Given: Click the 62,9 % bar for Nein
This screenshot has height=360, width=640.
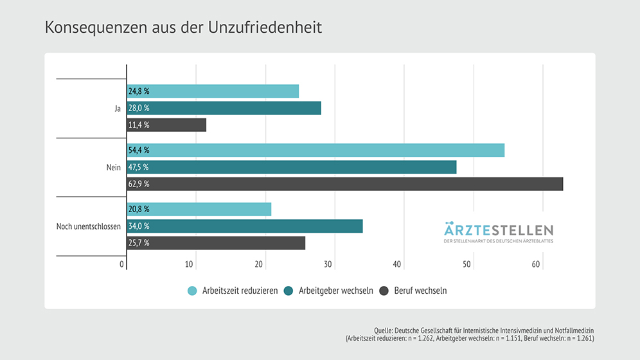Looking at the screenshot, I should [344, 184].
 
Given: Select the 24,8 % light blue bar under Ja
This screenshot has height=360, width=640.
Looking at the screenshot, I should [213, 91].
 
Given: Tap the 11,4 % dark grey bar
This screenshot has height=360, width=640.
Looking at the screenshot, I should [166, 125].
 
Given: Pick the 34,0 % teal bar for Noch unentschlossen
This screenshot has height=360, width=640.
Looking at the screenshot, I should [245, 226].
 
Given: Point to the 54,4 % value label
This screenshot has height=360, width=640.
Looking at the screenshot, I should [139, 150].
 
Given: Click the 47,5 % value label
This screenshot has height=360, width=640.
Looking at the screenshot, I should [139, 167].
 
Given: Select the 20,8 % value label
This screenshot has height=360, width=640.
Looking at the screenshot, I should [139, 210].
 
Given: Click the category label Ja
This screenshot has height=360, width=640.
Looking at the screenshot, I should [118, 109].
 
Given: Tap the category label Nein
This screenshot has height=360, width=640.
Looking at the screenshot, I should [114, 167].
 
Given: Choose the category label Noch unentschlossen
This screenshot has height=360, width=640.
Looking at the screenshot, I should [89, 226].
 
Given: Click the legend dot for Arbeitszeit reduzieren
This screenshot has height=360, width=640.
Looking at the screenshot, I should [192, 291].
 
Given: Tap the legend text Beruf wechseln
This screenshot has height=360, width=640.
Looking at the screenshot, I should [422, 291].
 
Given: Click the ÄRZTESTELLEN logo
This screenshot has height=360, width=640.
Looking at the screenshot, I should [498, 232].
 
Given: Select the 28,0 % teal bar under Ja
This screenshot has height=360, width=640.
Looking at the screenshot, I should [224, 108].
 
